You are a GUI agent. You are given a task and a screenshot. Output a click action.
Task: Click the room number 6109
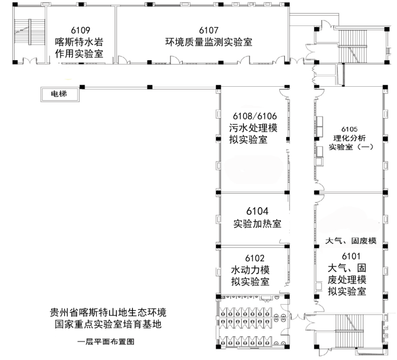click(80, 30)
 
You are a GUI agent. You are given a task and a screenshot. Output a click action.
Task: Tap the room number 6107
click(208, 29)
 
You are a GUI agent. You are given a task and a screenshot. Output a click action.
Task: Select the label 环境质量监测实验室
click(208, 42)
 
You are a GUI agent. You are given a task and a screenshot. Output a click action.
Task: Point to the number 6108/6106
click(254, 116)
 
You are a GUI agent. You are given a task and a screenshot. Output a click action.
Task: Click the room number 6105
click(350, 128)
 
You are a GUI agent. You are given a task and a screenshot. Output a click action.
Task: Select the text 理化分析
click(350, 137)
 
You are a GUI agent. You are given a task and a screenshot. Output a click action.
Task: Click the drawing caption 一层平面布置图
click(106, 342)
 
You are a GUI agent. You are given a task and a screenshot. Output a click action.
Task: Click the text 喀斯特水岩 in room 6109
click(80, 42)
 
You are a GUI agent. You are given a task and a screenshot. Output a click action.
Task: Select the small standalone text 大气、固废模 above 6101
click(350, 240)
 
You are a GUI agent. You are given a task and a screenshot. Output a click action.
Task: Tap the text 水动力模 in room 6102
click(251, 269)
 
